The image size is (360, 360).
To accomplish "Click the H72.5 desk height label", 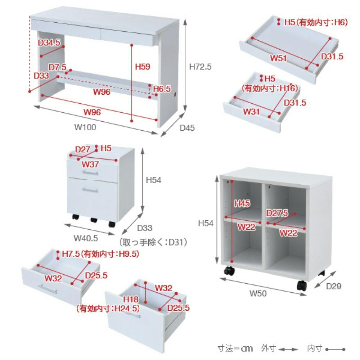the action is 200,67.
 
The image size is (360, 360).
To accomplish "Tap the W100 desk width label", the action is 85,127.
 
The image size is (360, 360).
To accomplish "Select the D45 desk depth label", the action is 187,128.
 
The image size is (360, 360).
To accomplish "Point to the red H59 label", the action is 143,67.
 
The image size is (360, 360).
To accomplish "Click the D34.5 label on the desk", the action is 49,42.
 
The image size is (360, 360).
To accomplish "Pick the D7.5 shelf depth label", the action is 57,67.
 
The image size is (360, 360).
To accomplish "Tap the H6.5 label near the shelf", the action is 162,89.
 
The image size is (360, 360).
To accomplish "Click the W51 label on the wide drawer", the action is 278,58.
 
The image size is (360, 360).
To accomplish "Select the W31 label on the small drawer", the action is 251,112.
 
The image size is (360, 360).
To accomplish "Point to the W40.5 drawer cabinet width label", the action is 86,238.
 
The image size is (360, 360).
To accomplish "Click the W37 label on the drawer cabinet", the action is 90,165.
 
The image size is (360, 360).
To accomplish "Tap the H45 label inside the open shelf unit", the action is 242,203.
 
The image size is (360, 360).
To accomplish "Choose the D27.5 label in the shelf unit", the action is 277,213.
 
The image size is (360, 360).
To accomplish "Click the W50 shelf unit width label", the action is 258,293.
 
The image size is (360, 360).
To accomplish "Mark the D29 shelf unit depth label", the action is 334,286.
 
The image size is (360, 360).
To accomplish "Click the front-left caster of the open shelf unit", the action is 229,271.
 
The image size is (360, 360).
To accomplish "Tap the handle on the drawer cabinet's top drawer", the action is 90,173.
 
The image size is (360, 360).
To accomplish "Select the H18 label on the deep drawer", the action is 131,300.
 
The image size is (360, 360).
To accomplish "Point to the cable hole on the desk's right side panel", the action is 176,95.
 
